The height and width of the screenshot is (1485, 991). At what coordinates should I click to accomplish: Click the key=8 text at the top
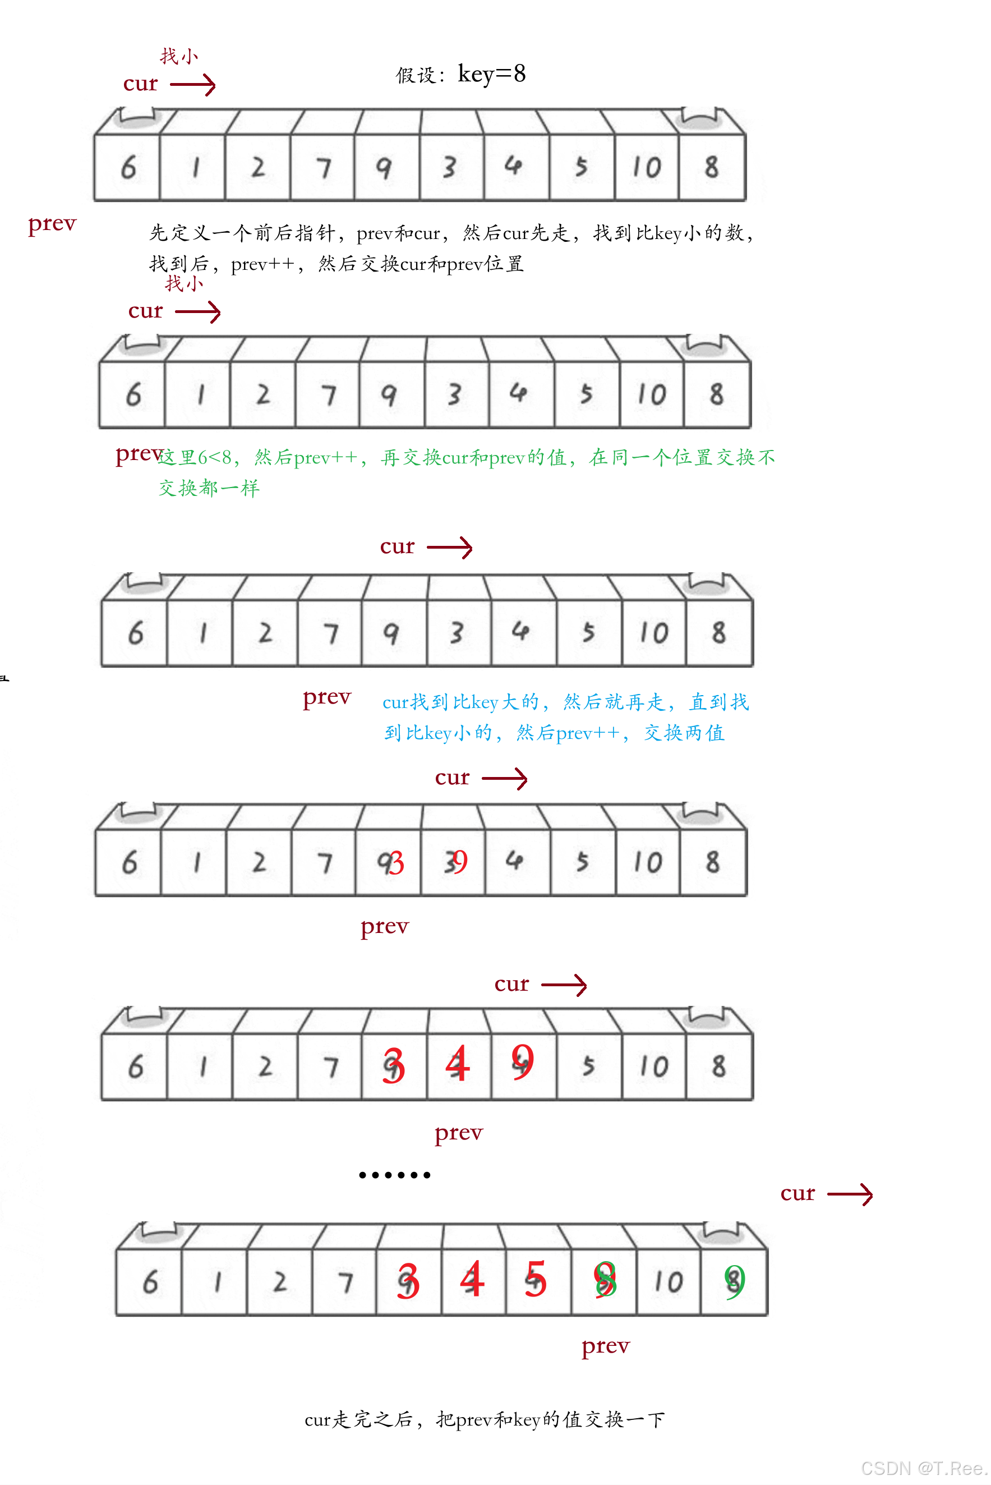(491, 75)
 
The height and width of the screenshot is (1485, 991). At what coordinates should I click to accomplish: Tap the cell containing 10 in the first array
(647, 167)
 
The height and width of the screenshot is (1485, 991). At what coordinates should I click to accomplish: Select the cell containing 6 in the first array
(128, 167)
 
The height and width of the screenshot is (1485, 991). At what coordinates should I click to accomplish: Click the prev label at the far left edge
(52, 224)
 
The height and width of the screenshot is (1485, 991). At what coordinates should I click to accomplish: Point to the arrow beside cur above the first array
(193, 85)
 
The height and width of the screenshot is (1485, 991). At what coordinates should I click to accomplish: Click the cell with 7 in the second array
(328, 394)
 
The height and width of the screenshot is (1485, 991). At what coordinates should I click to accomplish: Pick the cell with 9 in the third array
(391, 633)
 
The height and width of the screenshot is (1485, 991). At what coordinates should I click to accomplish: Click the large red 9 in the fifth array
(523, 1061)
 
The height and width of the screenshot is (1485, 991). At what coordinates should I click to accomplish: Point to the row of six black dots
(394, 1175)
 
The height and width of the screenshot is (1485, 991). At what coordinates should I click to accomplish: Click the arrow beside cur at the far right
(850, 1194)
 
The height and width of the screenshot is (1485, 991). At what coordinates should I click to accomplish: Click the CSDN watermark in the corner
(923, 1468)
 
